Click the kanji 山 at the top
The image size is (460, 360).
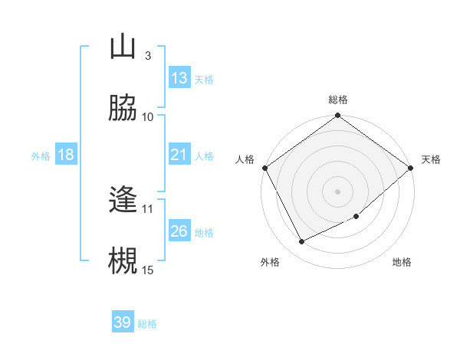(x=123, y=47)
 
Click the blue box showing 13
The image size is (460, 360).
(x=179, y=78)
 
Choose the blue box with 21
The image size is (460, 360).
(x=179, y=155)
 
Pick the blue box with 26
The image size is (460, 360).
(x=179, y=231)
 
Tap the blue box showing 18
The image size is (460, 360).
(x=66, y=155)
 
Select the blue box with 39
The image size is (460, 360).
(x=123, y=322)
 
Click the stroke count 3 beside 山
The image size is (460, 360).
(x=147, y=56)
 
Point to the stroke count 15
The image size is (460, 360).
(x=148, y=270)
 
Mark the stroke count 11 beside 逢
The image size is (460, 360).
(x=148, y=208)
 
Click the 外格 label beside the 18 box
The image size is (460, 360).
(x=41, y=155)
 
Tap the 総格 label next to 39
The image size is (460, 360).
(x=147, y=324)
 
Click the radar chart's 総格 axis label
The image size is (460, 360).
(x=337, y=100)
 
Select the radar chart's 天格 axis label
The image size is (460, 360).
(x=431, y=159)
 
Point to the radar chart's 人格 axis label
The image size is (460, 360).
(x=245, y=159)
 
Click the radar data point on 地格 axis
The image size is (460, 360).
(x=356, y=217)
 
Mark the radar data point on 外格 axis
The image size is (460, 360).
(x=302, y=242)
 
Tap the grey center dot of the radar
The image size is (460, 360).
(x=337, y=191)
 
